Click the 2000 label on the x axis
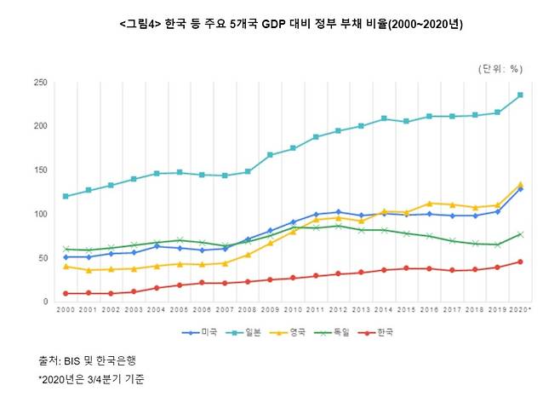65,312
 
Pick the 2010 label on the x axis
294,312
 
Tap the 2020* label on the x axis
522,312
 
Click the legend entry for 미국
198,332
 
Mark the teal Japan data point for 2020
520,95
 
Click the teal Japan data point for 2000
65,196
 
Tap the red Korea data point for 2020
520,262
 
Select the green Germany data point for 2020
520,234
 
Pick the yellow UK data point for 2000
65,267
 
